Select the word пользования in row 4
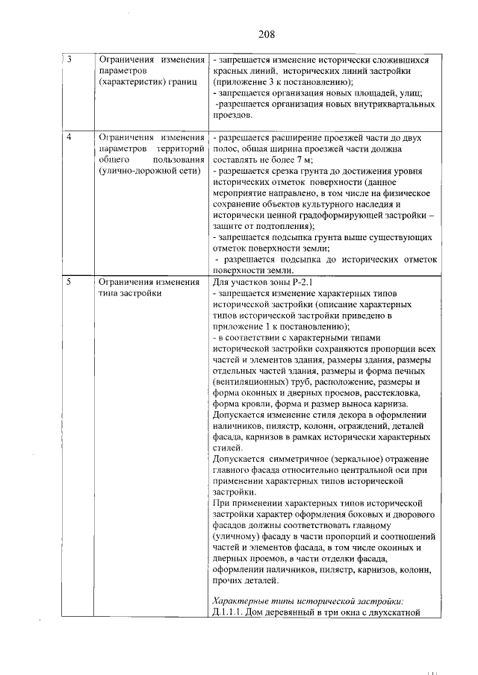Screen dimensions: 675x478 tap(179, 160)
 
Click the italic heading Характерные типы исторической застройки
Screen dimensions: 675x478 tap(308, 601)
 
